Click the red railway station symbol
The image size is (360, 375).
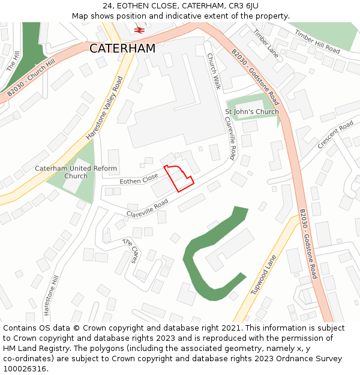[139, 29]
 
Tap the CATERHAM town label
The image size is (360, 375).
[122, 49]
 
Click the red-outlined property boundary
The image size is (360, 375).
[178, 178]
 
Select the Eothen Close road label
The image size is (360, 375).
[139, 179]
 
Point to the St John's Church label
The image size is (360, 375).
[251, 112]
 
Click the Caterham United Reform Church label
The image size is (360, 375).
[76, 172]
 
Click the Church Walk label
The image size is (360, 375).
[214, 71]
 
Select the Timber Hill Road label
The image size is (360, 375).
[317, 43]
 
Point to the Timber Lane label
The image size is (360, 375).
[266, 44]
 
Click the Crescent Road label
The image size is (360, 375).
[335, 136]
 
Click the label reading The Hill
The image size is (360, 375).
[13, 61]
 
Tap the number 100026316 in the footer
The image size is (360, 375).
[25, 368]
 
